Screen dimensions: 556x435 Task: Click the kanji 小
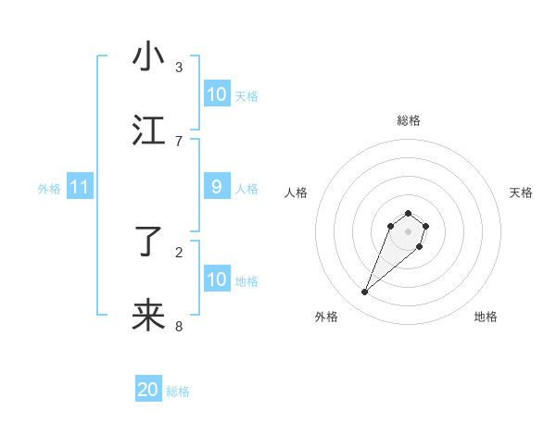(x=148, y=57)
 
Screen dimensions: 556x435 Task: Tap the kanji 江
(x=148, y=131)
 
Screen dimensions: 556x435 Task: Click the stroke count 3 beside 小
(x=179, y=67)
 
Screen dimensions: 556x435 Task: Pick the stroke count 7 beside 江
(x=179, y=141)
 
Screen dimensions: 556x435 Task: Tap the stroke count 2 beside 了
(x=179, y=252)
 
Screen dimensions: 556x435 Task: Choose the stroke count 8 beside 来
(x=179, y=326)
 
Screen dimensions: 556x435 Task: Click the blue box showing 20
(x=148, y=390)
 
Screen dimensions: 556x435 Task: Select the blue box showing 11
(x=80, y=187)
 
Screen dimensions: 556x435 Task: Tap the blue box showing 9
(x=217, y=187)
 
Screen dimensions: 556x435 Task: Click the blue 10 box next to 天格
(x=217, y=94)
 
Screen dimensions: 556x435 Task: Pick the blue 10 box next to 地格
(x=217, y=280)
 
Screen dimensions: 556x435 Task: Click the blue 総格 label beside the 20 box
(x=178, y=391)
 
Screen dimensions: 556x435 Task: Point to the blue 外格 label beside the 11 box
(x=49, y=189)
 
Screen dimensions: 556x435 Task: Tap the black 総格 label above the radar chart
(x=408, y=120)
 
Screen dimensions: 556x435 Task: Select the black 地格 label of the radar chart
(x=486, y=317)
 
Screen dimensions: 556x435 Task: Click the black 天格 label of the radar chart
(x=521, y=193)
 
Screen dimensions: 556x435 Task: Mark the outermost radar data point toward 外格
(x=365, y=292)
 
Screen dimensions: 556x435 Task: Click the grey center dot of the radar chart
(x=408, y=231)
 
